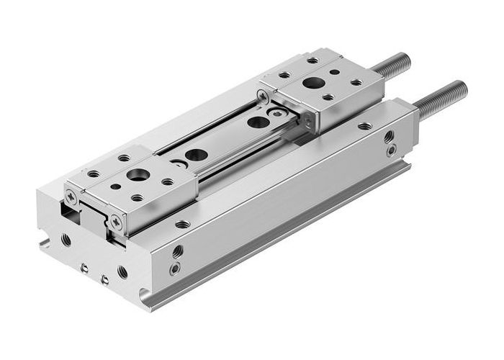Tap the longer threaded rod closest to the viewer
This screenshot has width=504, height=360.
pyautogui.click(x=441, y=100)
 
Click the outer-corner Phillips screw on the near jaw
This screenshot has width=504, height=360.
pyautogui.click(x=71, y=195)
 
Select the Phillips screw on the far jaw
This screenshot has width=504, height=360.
pyautogui.click(x=264, y=94)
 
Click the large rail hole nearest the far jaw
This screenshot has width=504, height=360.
pyautogui.click(x=257, y=122)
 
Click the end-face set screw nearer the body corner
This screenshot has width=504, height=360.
pyautogui.click(x=105, y=279)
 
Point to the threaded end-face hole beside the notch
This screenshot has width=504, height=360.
pyautogui.click(x=66, y=240)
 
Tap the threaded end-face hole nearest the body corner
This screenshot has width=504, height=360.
pyautogui.click(x=122, y=272)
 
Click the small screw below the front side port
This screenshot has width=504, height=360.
pyautogui.click(x=175, y=269)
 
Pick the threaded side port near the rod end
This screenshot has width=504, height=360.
pyautogui.click(x=390, y=136)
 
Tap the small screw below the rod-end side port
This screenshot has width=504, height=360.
pyautogui.click(x=390, y=151)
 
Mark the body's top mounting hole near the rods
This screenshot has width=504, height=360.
pyautogui.click(x=365, y=126)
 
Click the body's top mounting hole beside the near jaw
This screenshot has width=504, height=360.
pyautogui.click(x=184, y=224)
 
